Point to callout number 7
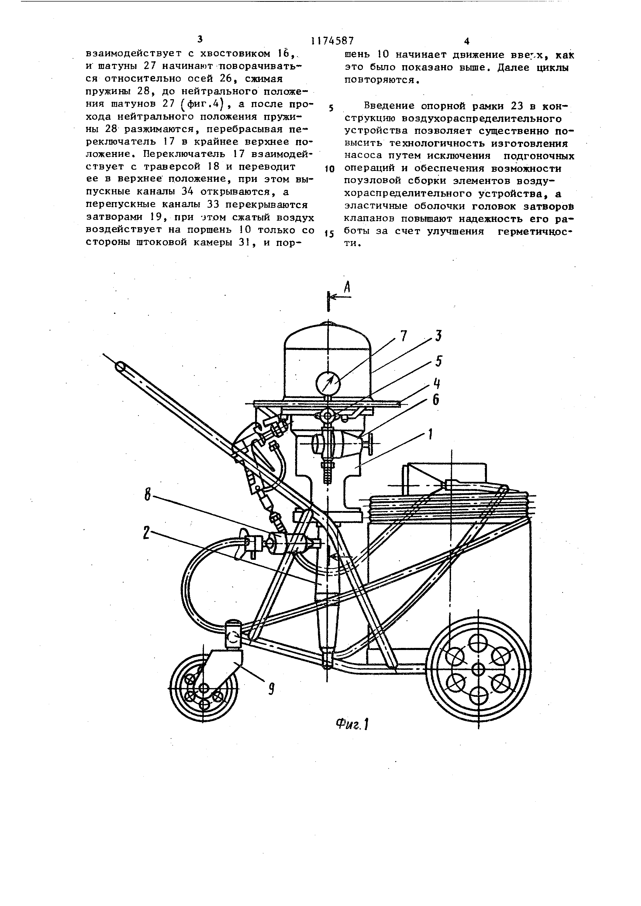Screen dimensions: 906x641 [403, 337]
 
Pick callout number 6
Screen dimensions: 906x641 [436, 400]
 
